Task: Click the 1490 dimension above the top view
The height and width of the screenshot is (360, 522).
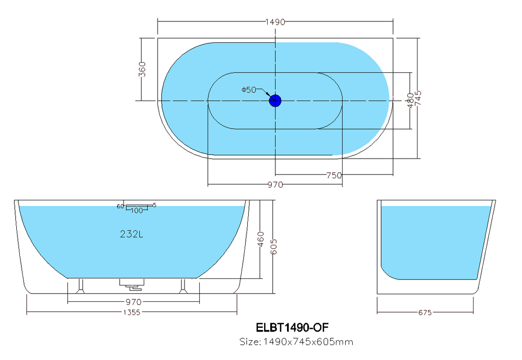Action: (275, 22)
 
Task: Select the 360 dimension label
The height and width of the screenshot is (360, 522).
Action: (143, 69)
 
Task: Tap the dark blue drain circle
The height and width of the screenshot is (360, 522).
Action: (275, 100)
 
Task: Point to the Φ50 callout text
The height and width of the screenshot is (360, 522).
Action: (249, 90)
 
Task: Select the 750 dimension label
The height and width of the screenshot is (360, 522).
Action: (333, 175)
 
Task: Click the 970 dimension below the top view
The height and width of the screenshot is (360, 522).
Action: (275, 185)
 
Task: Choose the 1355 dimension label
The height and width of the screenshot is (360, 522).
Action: (132, 312)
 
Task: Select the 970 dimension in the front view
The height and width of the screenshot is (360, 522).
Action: (133, 301)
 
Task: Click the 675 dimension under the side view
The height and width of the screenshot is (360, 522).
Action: (425, 313)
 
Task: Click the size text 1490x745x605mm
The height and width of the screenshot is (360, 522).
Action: (296, 342)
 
